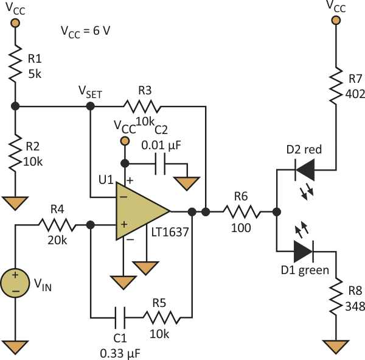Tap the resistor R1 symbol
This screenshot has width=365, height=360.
16,65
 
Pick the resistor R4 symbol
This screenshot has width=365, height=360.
58,225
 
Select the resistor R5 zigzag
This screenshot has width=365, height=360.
161,317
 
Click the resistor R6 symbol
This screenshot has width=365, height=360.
242,212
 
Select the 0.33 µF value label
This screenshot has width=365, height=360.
123,350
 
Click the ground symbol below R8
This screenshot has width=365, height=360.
335,347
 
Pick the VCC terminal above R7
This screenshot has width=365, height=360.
335,19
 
